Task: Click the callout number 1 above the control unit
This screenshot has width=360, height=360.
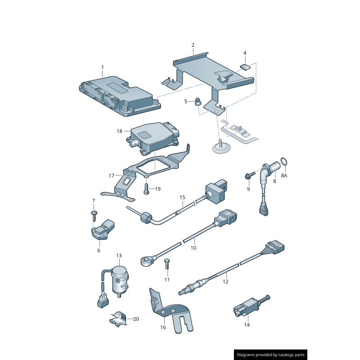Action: (103, 67)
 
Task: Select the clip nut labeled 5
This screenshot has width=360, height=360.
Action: (198, 102)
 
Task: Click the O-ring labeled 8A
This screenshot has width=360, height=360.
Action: (284, 162)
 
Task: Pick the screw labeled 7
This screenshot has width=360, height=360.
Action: (94, 215)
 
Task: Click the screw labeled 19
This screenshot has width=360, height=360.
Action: (146, 189)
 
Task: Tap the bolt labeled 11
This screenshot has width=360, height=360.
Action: (167, 264)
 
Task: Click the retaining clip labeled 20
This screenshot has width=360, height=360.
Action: (118, 319)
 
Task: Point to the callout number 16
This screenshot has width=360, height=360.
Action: (163, 327)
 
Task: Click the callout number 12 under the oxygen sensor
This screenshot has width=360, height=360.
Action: (225, 282)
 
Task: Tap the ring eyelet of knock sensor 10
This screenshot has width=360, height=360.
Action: (145, 261)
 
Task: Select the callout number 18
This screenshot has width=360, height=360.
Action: (119, 131)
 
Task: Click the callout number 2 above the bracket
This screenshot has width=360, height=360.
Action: (193, 45)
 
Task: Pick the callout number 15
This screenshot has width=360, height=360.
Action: (182, 197)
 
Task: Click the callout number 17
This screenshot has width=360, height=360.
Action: (112, 176)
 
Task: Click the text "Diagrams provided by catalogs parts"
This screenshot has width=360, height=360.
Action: (271, 355)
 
